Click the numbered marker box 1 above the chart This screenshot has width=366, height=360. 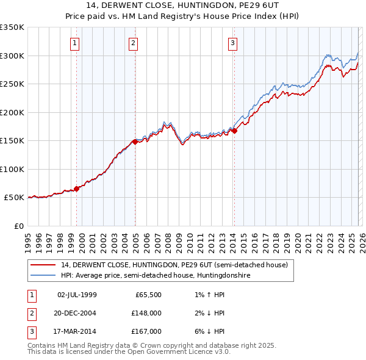click(x=74, y=43)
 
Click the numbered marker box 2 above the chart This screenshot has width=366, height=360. click(x=133, y=43)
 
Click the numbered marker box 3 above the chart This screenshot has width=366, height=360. click(x=233, y=43)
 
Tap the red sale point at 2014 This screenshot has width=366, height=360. click(x=234, y=131)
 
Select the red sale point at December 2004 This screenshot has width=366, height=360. click(x=135, y=142)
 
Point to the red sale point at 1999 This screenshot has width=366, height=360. click(x=77, y=189)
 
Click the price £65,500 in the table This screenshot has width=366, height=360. click(x=148, y=295)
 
